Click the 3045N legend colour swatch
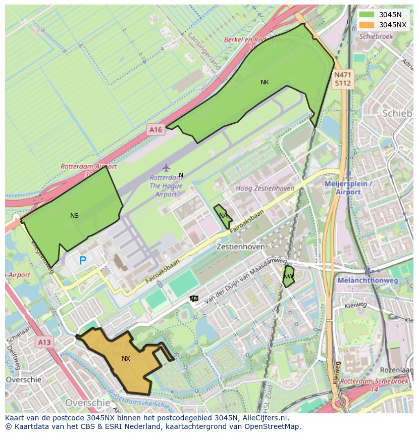(367, 15)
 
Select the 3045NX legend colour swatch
(367, 25)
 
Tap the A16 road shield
(155, 130)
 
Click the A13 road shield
(44, 343)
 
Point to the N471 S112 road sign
(343, 79)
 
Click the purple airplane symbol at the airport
(166, 168)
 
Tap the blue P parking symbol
(83, 261)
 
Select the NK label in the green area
(265, 82)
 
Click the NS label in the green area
(74, 216)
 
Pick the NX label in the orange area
(126, 359)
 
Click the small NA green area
(222, 216)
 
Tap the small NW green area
(288, 276)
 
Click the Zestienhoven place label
(240, 247)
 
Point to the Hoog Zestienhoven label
(265, 188)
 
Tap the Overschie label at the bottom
(87, 403)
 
